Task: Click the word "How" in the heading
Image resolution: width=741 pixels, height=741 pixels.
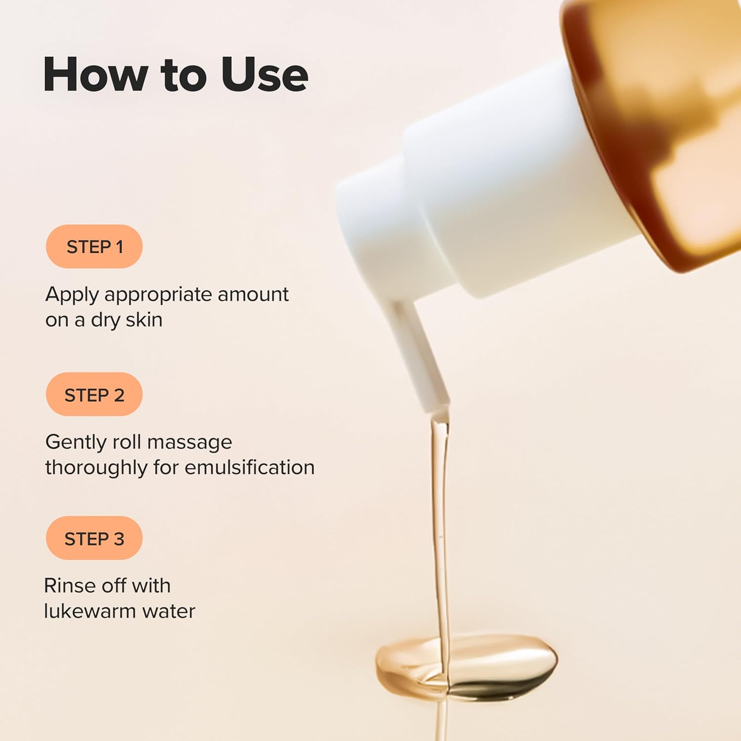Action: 95,75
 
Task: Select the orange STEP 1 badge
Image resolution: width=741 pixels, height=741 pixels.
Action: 94,247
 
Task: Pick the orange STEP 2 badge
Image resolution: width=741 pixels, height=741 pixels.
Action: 94,395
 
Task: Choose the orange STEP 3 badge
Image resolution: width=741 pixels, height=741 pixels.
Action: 94,538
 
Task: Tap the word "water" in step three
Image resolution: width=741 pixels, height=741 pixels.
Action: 169,612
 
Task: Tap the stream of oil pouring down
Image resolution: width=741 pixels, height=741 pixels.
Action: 440,519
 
